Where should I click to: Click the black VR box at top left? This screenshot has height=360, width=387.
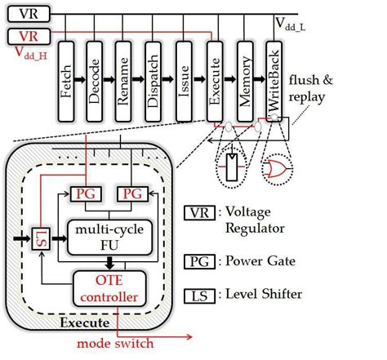(x=26, y=15)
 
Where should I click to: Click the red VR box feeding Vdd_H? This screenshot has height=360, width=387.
(x=26, y=36)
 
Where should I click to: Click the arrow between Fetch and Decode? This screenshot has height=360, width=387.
(x=80, y=82)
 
